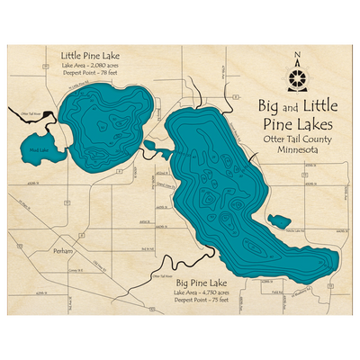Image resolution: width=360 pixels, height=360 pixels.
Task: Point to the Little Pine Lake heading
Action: point(90,54)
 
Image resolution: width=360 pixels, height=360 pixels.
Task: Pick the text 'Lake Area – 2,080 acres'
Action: point(90,66)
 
